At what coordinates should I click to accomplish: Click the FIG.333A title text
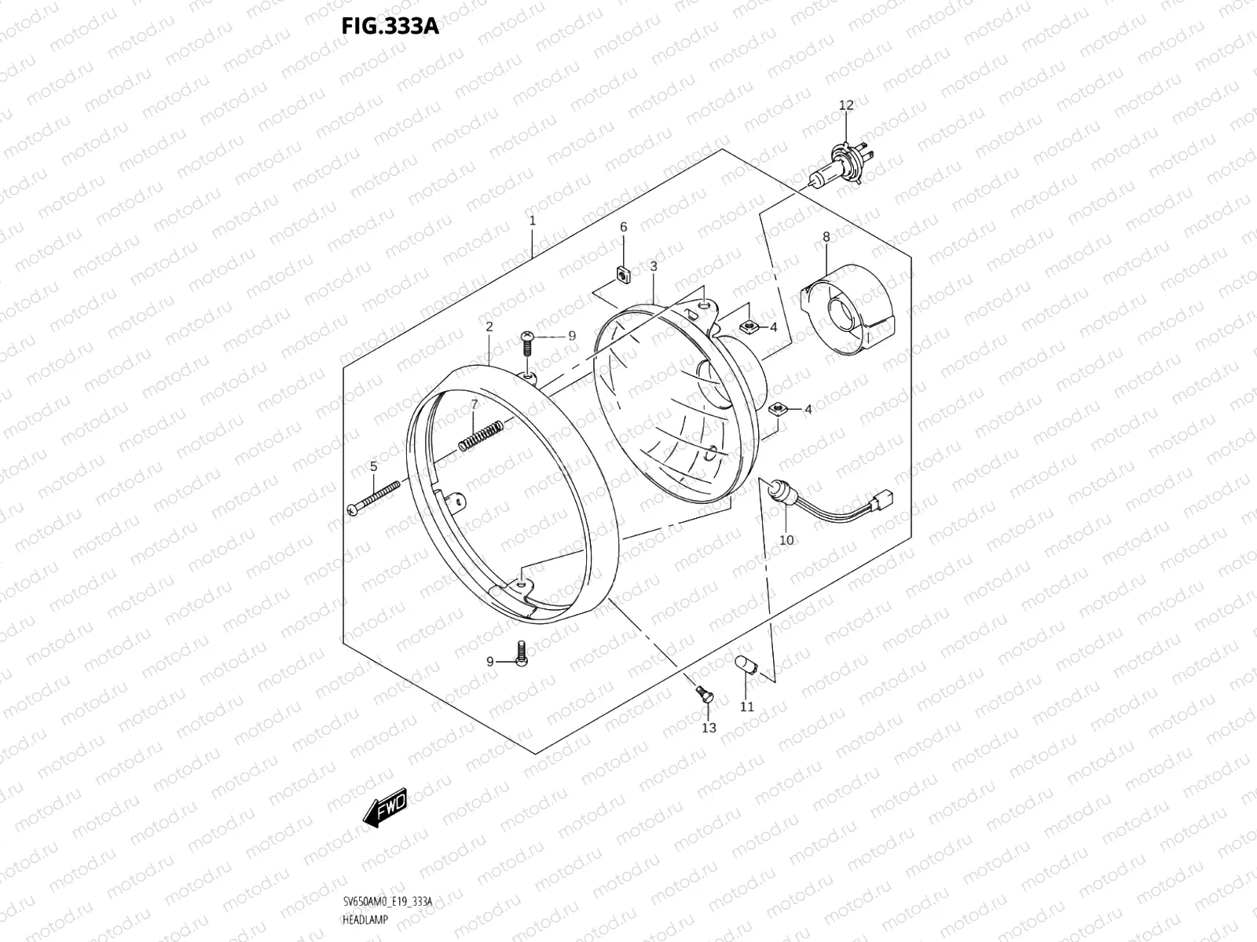[390, 27]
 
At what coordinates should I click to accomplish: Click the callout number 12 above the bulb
[845, 105]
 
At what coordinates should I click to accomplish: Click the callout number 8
[826, 236]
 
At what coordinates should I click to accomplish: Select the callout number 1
[532, 221]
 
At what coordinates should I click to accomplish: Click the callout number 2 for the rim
[489, 327]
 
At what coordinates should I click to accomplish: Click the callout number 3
[653, 267]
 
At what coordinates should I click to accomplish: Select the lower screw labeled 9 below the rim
[521, 652]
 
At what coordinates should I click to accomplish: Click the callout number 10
[786, 540]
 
